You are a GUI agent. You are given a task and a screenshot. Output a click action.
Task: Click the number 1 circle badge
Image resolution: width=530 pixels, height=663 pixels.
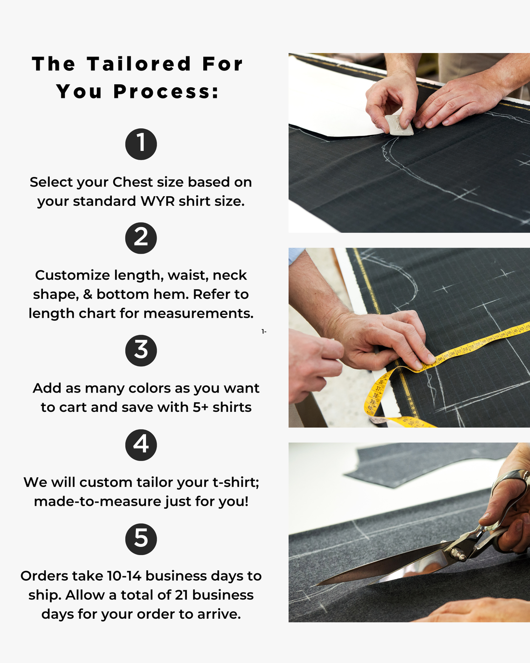tap(141, 144)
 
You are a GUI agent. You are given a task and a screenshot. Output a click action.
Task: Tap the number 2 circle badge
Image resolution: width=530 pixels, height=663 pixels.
tap(141, 238)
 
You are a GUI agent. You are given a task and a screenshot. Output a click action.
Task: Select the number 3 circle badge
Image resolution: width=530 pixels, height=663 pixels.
tap(141, 350)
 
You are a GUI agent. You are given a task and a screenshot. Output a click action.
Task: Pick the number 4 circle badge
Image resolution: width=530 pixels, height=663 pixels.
tap(141, 445)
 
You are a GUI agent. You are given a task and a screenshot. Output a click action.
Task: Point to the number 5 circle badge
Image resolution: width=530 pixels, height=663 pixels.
tap(141, 539)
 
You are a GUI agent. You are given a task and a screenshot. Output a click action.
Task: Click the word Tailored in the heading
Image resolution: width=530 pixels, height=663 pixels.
tap(139, 64)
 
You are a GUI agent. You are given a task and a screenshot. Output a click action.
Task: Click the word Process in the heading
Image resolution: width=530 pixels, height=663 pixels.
tap(166, 92)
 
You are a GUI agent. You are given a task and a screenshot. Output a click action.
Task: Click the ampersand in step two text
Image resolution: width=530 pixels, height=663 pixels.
tap(87, 294)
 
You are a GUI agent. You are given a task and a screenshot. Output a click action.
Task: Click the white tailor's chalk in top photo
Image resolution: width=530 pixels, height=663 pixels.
tap(399, 125)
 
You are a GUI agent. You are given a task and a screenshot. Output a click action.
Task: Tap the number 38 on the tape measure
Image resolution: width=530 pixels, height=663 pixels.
tap(374, 395)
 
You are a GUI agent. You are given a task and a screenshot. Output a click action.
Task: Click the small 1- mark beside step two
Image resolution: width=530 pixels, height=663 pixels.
tap(264, 332)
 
